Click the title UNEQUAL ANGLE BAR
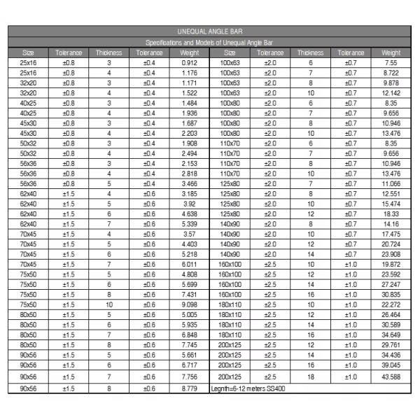tap(209, 31)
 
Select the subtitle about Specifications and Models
tap(209, 43)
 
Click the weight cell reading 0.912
tap(189, 63)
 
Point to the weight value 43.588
tap(391, 377)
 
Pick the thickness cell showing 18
tap(310, 377)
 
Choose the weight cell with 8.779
tap(189, 388)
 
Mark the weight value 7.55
tap(391, 63)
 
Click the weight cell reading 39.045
tap(391, 365)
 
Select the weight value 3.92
tap(189, 204)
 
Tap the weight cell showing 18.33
tap(391, 214)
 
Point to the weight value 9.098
tap(189, 304)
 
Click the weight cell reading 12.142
tap(391, 93)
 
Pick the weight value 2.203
tap(189, 133)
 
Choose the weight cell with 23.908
tap(391, 254)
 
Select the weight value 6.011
tap(189, 265)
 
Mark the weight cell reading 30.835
tap(391, 295)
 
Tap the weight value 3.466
tap(189, 183)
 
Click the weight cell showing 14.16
tap(391, 224)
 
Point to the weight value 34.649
tap(391, 335)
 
